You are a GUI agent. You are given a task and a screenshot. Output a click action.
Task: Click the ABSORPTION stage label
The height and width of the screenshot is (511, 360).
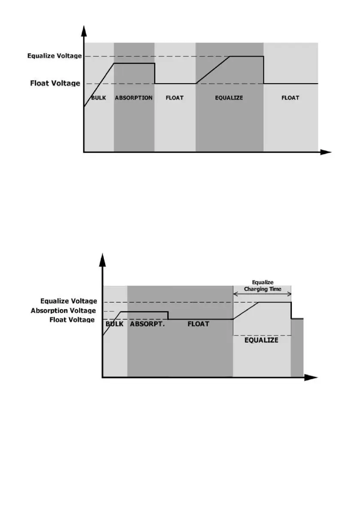tap(133, 98)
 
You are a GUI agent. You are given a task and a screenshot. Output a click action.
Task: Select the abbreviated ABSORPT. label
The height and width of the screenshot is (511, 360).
tap(147, 324)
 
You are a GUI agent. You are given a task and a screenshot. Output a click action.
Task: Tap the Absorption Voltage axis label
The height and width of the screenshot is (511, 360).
tap(63, 311)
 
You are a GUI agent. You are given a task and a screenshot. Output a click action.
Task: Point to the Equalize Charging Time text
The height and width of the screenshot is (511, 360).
tap(263, 286)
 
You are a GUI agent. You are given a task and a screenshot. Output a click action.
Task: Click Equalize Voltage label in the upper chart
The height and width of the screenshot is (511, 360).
tap(54, 56)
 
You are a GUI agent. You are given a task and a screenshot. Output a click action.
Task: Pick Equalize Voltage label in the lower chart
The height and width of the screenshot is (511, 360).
tap(68, 302)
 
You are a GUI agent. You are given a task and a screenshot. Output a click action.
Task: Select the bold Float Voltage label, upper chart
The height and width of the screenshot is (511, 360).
tap(55, 83)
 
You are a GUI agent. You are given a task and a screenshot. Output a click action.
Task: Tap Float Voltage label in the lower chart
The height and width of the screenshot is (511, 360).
tap(72, 320)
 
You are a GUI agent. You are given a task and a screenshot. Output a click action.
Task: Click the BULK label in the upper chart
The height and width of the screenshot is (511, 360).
tap(99, 98)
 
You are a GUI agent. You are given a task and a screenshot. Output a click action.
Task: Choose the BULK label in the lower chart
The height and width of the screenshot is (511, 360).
tap(115, 324)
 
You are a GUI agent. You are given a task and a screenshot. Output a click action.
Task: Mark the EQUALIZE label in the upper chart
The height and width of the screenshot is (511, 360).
tap(229, 98)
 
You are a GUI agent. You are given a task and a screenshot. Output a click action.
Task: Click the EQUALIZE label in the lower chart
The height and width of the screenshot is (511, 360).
tap(261, 340)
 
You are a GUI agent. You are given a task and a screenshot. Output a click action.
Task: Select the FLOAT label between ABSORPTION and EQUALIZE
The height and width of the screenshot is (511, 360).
tap(175, 98)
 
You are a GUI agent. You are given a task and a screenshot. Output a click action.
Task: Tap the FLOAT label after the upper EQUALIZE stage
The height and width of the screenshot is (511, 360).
tap(290, 98)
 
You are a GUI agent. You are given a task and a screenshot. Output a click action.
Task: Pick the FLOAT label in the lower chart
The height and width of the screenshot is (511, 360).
tap(198, 324)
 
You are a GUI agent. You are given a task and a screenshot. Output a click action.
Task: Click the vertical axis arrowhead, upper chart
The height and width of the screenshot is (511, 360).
tap(84, 30)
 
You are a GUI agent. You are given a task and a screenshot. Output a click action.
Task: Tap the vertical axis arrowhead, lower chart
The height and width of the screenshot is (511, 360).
tap(102, 259)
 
